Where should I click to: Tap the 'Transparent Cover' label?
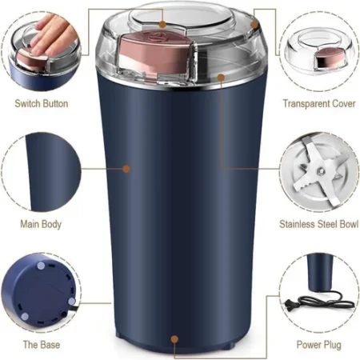[318, 103]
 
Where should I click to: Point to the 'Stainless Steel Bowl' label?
[318, 224]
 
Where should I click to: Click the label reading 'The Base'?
[40, 344]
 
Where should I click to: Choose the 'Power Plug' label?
[318, 344]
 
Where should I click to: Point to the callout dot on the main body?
[126, 168]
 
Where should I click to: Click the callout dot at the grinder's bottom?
[174, 339]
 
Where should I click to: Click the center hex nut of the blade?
[318, 169]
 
